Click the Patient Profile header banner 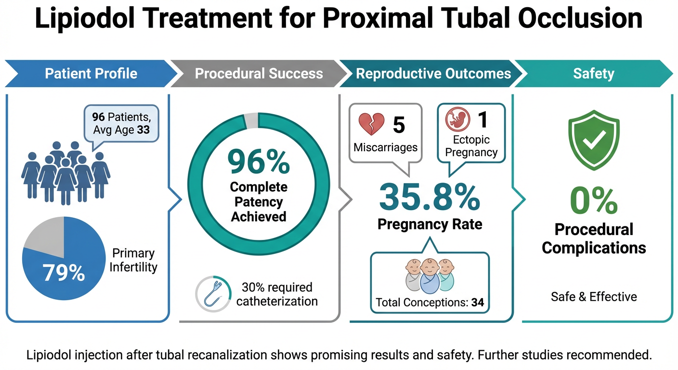click(91, 74)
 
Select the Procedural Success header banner click(259, 74)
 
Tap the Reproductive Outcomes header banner click(433, 74)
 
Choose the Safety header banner click(593, 74)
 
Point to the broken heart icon click(371, 124)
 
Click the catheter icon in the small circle click(211, 294)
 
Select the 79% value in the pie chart click(64, 273)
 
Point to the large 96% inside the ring click(259, 162)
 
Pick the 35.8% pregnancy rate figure click(430, 198)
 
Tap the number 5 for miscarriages click(399, 124)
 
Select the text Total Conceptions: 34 click(430, 303)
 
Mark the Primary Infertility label click(133, 260)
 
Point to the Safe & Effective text click(593, 296)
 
